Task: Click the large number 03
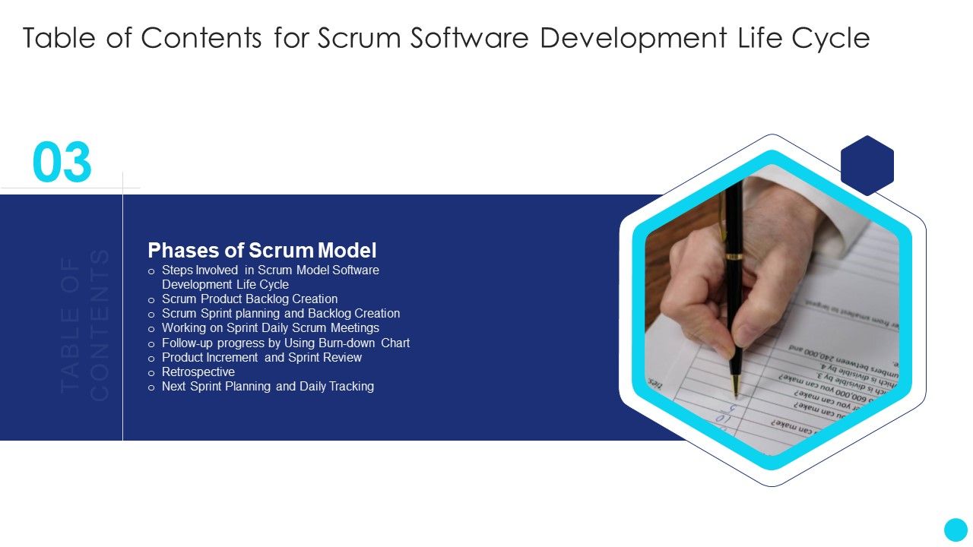62,163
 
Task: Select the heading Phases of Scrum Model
261,250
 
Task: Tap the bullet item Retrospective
198,372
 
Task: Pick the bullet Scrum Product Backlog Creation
249,299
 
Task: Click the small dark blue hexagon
867,165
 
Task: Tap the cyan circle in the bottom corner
956,530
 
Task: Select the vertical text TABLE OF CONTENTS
85,324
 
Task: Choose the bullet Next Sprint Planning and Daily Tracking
268,387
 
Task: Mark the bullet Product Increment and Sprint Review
261,358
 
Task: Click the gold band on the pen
734,257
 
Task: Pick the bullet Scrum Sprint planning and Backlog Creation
280,314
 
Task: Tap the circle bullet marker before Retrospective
151,373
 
